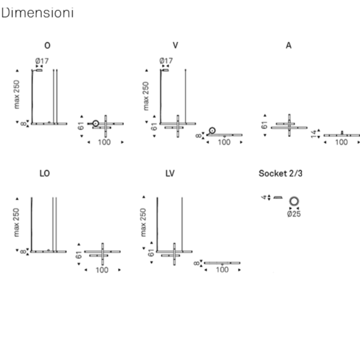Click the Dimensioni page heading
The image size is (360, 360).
point(37,13)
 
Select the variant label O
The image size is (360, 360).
point(47,45)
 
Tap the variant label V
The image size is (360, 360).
point(175,45)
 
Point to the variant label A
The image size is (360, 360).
point(289,45)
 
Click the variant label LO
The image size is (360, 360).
point(45,173)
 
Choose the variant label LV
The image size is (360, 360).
point(170,173)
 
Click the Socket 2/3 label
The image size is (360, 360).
point(280,173)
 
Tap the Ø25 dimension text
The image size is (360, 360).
point(294,214)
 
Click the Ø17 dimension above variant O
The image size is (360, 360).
point(42,61)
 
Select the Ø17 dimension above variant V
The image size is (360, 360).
point(166,61)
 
